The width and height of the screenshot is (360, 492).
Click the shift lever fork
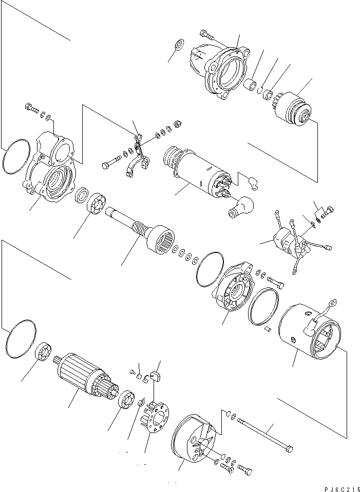click(138, 159)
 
